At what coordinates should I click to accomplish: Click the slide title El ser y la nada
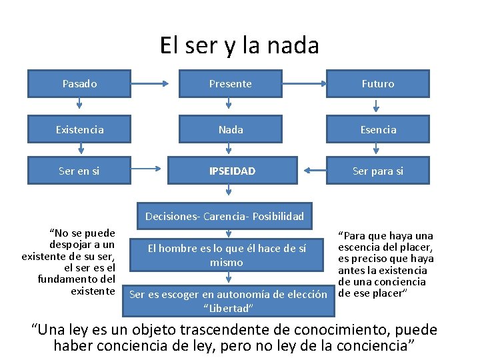tap(239, 45)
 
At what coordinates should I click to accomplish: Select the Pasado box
tap(79, 84)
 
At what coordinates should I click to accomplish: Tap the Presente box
tap(230, 84)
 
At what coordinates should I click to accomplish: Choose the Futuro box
tap(377, 84)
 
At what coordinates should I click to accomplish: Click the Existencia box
tap(79, 129)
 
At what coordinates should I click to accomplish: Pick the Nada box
tap(230, 129)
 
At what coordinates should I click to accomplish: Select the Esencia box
tap(377, 129)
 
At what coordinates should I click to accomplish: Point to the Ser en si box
tap(79, 171)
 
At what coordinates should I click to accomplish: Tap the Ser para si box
tap(377, 171)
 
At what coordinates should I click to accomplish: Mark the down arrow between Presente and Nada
tap(229, 105)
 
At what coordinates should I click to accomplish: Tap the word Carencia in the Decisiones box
tap(225, 216)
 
